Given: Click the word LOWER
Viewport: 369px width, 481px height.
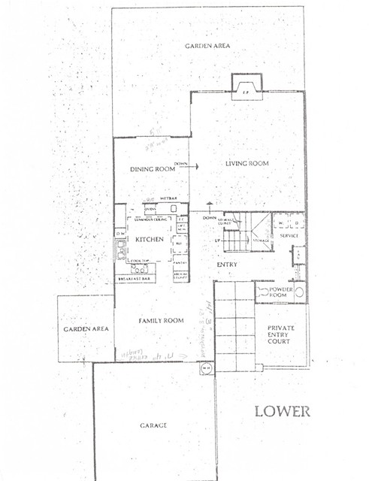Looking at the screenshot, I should tap(282, 411).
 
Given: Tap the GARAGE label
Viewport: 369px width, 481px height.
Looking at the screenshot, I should tap(153, 425).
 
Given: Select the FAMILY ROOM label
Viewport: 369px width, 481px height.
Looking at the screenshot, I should tap(161, 321).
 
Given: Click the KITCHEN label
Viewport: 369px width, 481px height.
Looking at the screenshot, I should tap(150, 239).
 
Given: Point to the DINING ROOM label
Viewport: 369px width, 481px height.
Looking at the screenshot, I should tap(153, 169).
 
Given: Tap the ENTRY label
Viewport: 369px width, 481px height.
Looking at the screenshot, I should tap(228, 265).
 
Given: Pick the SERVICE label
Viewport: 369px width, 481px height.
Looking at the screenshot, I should tap(290, 236).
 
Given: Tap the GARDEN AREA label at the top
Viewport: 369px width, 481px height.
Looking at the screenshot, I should tap(207, 46).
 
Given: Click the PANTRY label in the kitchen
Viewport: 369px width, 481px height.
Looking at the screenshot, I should tap(180, 263).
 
